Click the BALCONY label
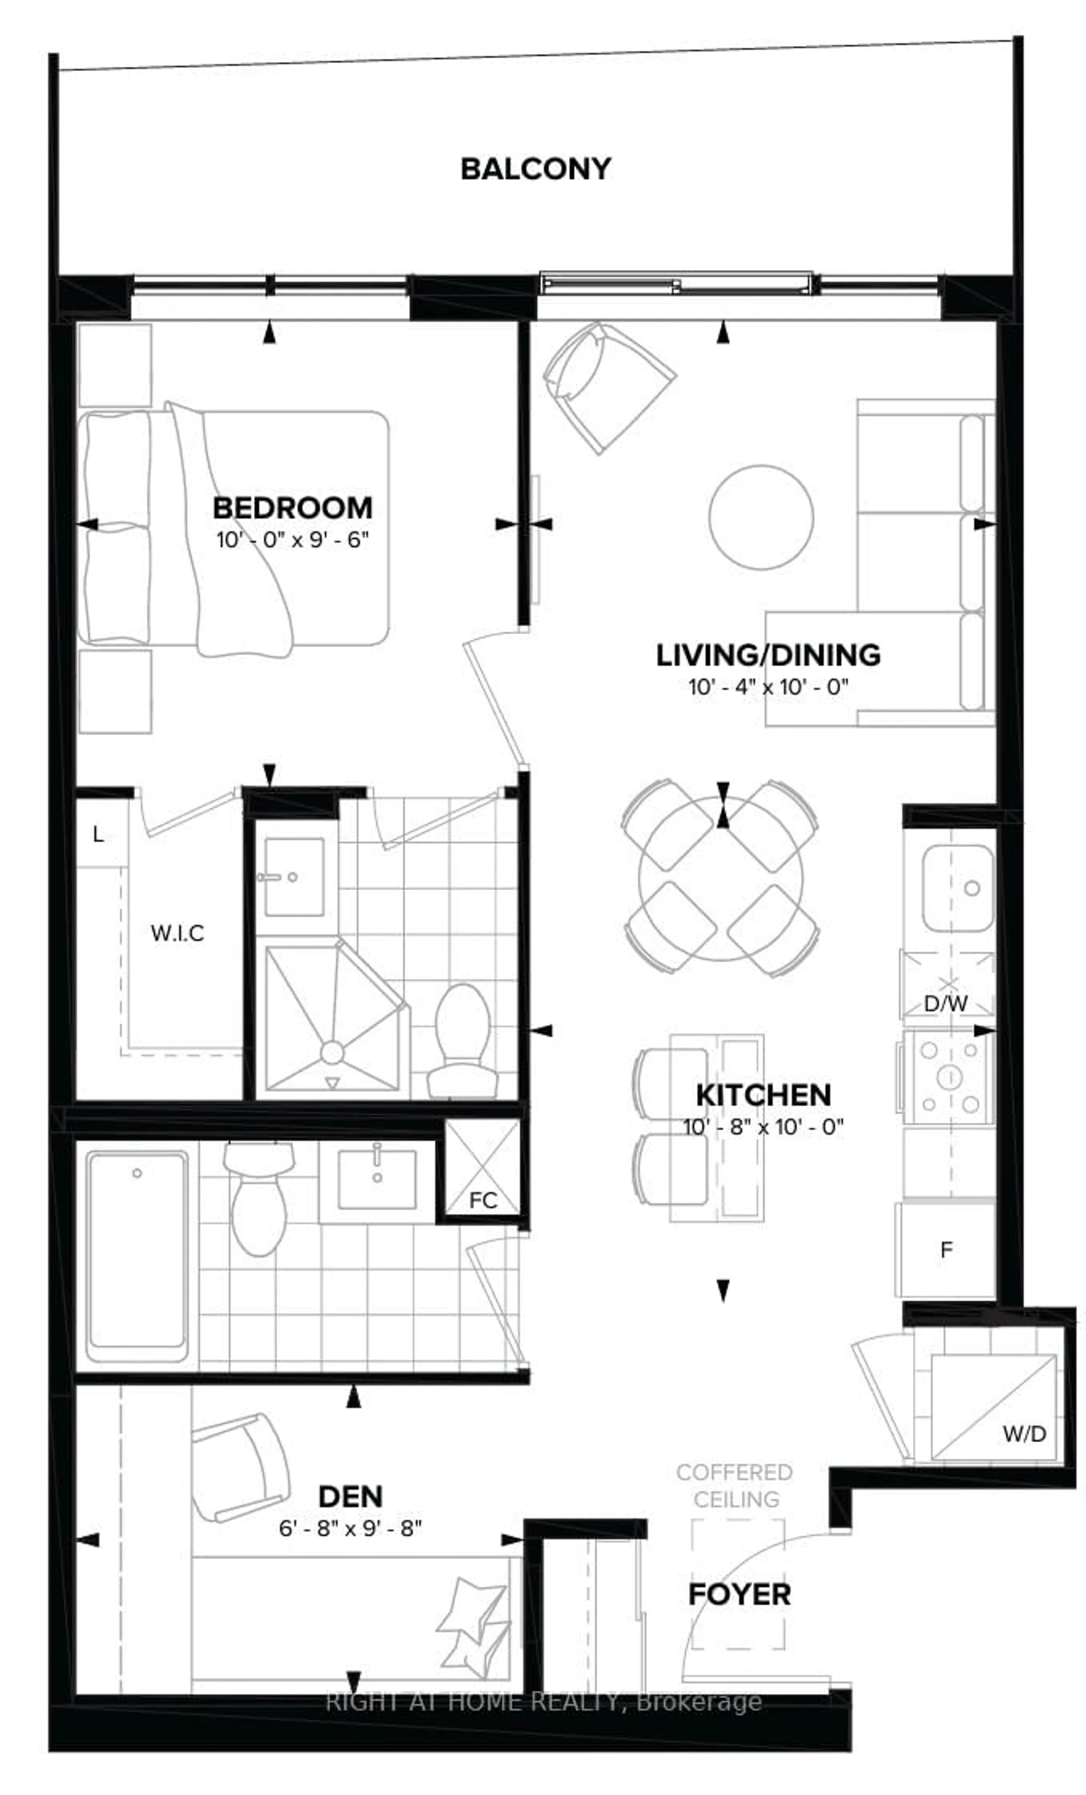(535, 169)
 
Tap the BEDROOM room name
(292, 508)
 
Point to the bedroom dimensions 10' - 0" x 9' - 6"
(292, 541)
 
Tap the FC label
(482, 1200)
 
